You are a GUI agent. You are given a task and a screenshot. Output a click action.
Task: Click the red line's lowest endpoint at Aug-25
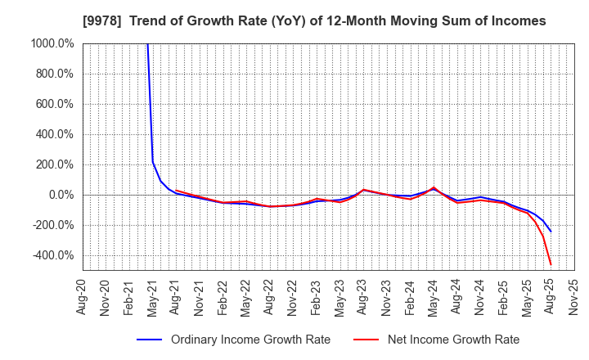(551, 264)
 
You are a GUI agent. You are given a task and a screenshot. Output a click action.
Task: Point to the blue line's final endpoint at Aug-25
(551, 232)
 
